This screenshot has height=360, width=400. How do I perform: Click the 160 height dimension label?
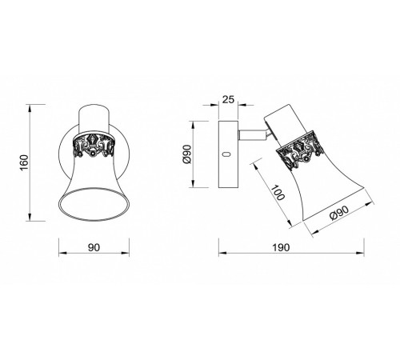pos(24,162)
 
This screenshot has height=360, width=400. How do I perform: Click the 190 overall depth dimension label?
pos(281,247)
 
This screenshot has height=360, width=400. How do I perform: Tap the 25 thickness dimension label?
pos(228,99)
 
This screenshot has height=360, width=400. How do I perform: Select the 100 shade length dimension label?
pos(278,193)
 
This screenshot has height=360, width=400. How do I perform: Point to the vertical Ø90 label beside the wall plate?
pos(187,154)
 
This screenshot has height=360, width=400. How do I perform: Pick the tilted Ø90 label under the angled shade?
pos(339,212)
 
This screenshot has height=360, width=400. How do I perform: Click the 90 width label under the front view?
pos(94,247)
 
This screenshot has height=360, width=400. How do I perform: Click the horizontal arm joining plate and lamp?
pos(252,135)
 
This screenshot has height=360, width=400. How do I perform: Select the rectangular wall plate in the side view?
pos(228,154)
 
